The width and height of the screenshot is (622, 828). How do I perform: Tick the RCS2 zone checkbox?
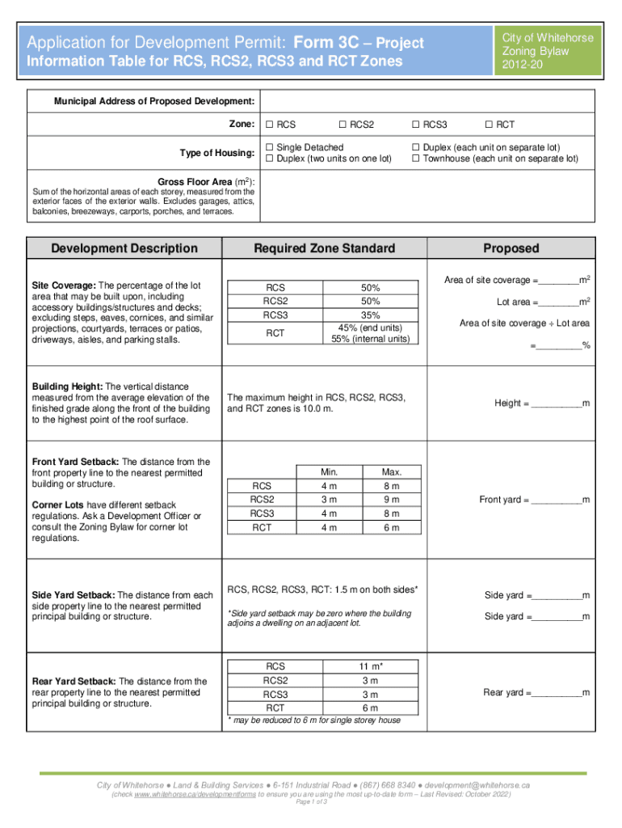tap(343, 125)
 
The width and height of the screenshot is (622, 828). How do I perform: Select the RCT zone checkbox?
tap(488, 125)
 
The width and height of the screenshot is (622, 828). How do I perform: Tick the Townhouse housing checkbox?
tap(416, 158)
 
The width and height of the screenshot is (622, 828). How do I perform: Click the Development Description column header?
tap(124, 248)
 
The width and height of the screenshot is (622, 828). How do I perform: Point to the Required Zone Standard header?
tap(324, 248)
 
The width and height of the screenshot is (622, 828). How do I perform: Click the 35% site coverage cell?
tap(371, 315)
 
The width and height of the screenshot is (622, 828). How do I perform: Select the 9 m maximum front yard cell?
tap(391, 500)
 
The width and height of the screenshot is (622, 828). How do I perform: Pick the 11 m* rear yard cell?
tap(371, 665)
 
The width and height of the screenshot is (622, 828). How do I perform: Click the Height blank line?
tap(557, 404)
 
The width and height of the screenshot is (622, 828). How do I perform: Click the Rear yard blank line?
tap(557, 694)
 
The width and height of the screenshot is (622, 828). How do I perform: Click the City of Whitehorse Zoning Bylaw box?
tap(547, 51)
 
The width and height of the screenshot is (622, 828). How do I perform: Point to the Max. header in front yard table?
tap(391, 472)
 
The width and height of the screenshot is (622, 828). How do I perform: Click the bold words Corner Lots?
tap(58, 505)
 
